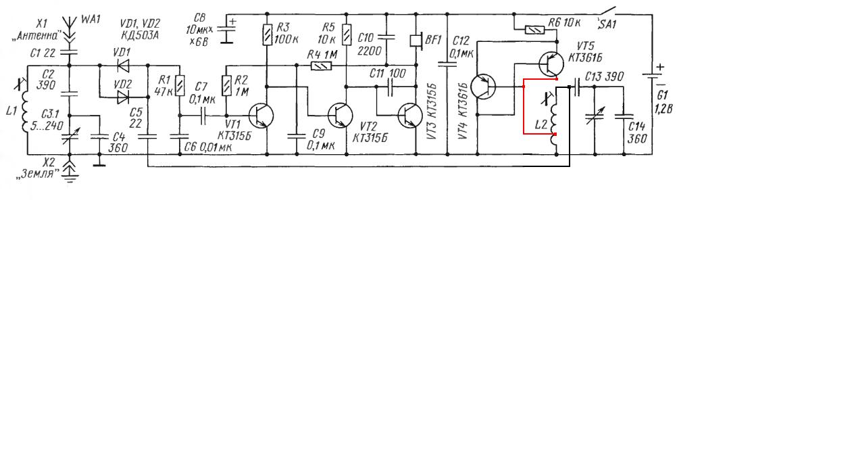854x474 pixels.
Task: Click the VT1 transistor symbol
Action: coord(261,116)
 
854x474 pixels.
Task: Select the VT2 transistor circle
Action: coord(341,116)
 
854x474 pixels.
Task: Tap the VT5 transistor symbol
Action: coord(551,64)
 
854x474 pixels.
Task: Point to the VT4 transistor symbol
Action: coord(483,87)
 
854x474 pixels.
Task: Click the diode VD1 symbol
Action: coord(123,66)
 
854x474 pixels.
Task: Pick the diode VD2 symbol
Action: coord(123,97)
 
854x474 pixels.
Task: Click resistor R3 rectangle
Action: coord(268,35)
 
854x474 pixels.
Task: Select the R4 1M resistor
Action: coord(322,66)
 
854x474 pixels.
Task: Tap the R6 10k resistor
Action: coord(535,30)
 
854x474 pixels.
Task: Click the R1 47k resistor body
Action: coord(180,86)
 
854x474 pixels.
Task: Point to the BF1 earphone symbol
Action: coord(416,41)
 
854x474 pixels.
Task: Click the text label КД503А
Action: coord(140,35)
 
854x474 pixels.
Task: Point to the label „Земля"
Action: coord(38,174)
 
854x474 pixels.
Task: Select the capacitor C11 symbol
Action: coord(390,87)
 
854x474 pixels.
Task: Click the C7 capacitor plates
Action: coord(203,116)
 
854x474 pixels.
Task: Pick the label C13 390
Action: coord(604,76)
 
